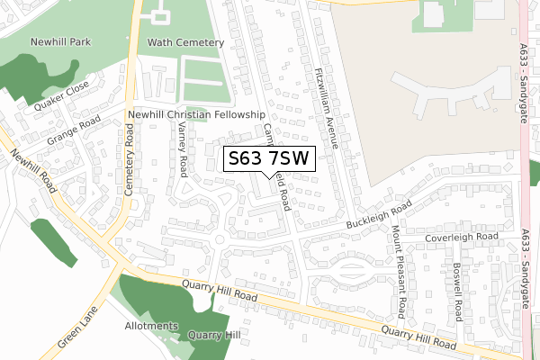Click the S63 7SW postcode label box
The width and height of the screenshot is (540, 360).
point(268,159)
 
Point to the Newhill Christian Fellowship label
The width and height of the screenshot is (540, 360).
point(195,115)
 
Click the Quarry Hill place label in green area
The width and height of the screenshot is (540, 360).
point(214,336)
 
